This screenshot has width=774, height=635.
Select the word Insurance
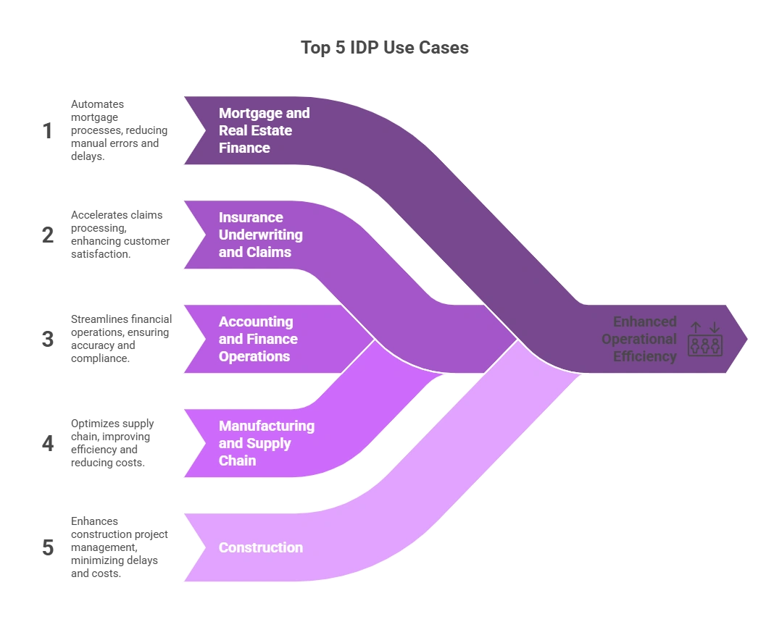pyautogui.click(x=251, y=217)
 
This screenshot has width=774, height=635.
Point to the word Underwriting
pyautogui.click(x=261, y=235)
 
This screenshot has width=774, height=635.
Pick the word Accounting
pyautogui.click(x=256, y=321)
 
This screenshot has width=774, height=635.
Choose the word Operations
pyautogui.click(x=254, y=356)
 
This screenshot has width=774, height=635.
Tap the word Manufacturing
pyautogui.click(x=266, y=426)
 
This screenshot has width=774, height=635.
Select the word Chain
pyautogui.click(x=237, y=461)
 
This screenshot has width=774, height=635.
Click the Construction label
pyautogui.click(x=261, y=547)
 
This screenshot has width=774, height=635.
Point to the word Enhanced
pyautogui.click(x=645, y=321)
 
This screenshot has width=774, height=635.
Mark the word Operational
pyautogui.click(x=639, y=339)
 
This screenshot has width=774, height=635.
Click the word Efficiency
pyautogui.click(x=644, y=356)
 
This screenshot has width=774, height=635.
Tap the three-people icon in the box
pyautogui.click(x=704, y=345)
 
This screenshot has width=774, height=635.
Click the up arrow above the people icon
pyautogui.click(x=696, y=327)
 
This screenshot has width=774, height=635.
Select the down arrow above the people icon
pyautogui.click(x=714, y=327)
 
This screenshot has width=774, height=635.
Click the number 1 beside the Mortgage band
pyautogui.click(x=49, y=131)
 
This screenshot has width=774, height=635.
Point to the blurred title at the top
pyautogui.click(x=385, y=49)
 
